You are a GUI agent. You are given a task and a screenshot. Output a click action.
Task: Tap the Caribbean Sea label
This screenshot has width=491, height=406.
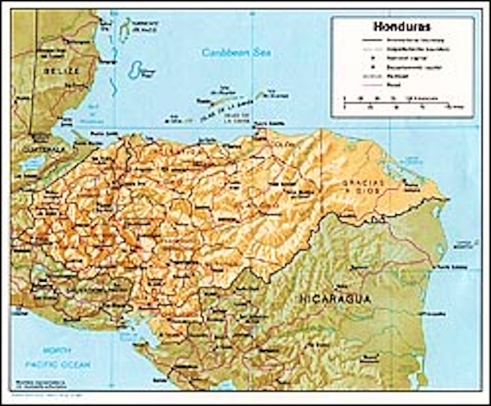(x=236, y=53)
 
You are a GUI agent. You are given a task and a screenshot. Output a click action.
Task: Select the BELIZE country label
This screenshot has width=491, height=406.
(x=62, y=71)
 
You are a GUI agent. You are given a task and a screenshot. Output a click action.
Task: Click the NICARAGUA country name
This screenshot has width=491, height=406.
(x=335, y=299)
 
